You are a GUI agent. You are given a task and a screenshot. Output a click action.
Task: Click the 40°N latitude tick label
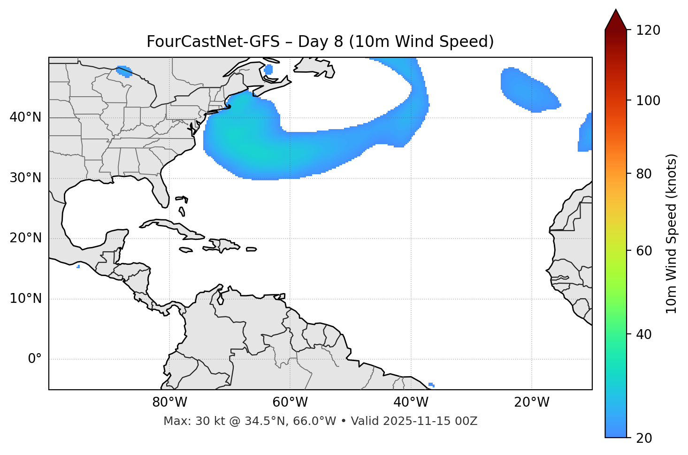[25, 117]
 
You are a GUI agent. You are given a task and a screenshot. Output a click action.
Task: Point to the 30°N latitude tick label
[25, 178]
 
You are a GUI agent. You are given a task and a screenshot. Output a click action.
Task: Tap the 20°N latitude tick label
[25, 238]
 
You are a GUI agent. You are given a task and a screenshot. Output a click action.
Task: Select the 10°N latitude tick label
[25, 299]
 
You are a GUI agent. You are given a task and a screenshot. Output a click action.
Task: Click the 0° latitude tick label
[35, 359]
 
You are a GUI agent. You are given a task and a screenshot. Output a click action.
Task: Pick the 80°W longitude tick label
[169, 402]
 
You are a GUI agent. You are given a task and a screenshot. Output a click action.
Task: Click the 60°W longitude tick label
[290, 402]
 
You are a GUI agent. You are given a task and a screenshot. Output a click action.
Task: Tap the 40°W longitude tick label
[411, 402]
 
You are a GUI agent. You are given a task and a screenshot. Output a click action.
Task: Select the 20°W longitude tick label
[531, 402]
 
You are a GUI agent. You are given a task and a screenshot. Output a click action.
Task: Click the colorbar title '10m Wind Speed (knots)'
[672, 234]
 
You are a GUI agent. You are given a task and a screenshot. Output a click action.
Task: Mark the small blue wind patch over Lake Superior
[124, 71]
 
